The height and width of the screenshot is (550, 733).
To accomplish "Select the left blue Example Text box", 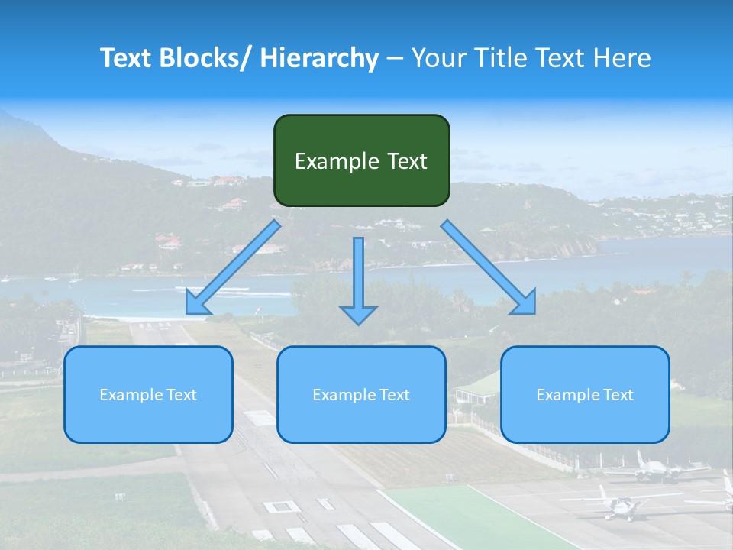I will point(148,394).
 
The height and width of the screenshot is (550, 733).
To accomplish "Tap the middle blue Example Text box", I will point(361,394).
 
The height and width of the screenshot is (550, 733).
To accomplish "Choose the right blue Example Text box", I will point(585,394).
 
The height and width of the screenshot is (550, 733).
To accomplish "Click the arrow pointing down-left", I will point(233,267).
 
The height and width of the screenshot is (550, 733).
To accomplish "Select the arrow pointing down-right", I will point(489,267).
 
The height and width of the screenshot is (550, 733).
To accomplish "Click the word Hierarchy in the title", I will point(318,58).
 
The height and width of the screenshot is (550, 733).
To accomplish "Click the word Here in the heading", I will point(622,58).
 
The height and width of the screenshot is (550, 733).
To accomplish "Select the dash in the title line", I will point(395,58).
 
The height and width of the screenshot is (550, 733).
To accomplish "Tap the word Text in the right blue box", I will point(618,394).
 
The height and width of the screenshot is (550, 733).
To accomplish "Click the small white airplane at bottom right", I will point(622,503).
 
